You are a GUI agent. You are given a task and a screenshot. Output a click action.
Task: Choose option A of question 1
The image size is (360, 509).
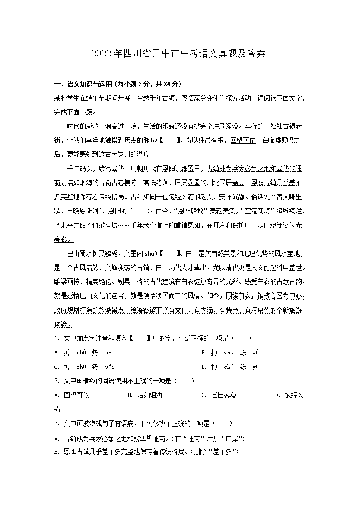[x=84, y=352]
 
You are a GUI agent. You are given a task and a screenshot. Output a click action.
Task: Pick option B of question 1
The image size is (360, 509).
[x=230, y=352]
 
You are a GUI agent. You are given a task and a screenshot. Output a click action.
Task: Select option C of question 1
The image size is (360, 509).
[x=84, y=367]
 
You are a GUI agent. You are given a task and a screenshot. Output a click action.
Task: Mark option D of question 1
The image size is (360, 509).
[x=230, y=367]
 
